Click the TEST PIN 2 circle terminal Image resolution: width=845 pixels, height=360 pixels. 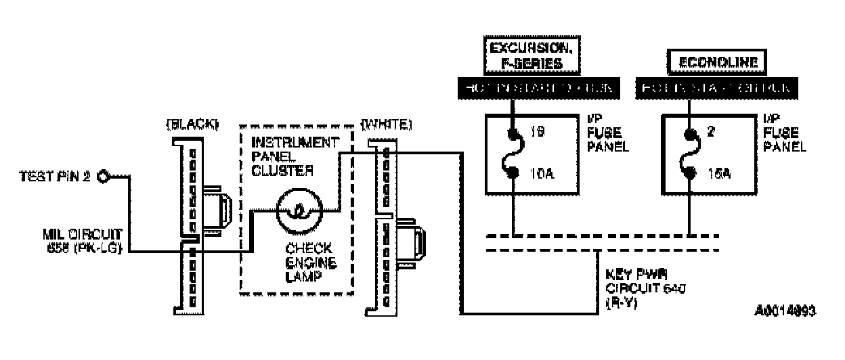pos(104,177)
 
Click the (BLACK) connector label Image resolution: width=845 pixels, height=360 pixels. pos(193,126)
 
